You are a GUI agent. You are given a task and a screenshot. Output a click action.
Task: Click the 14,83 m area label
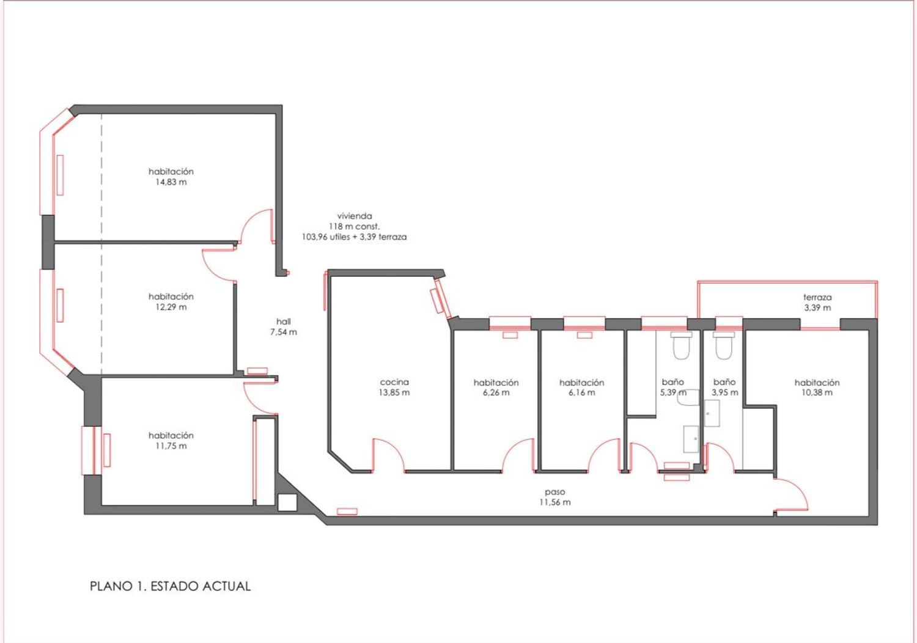point(171,182)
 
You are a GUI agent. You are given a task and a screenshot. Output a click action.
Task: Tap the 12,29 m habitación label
point(171,302)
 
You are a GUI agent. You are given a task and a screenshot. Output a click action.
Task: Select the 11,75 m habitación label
point(171,441)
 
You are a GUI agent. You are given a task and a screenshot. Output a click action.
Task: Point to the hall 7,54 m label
point(283,326)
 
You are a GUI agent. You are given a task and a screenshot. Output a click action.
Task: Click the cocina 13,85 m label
point(394,387)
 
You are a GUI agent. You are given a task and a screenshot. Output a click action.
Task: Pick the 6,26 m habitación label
point(496,387)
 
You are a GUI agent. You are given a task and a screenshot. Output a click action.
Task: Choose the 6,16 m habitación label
point(582,387)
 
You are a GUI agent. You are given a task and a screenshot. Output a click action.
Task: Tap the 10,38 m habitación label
point(817,387)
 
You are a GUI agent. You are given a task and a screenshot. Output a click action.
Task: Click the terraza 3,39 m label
point(817,303)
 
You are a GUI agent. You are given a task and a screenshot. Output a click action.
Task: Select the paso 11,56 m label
point(554,497)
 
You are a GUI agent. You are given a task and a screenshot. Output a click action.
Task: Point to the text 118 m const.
point(354,226)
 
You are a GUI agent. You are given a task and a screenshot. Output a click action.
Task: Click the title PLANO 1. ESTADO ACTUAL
point(170,586)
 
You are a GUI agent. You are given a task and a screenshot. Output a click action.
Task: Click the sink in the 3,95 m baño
point(712,413)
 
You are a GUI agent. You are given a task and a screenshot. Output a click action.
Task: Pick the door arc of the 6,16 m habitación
point(598,448)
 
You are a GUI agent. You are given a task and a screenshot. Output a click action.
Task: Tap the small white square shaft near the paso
point(287,502)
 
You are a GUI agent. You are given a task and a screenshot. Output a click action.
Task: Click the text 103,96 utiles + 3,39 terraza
point(354,237)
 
